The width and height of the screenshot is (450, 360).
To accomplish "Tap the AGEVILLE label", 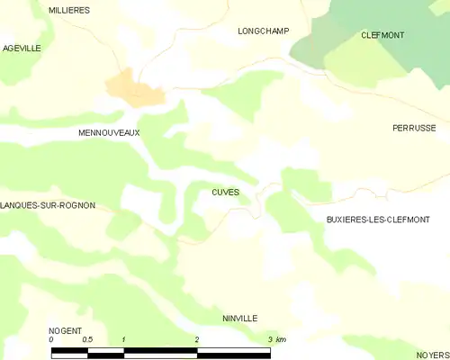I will [22, 48].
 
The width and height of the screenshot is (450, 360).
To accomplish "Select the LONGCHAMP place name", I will [263, 31].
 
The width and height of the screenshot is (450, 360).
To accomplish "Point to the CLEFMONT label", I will [382, 35].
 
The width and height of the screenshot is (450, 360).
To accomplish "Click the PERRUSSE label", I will [414, 128].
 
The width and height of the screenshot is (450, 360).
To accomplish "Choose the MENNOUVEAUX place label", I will [109, 132].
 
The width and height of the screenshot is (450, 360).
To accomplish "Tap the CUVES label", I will [225, 192].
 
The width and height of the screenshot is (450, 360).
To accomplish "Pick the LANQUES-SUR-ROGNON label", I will [48, 205].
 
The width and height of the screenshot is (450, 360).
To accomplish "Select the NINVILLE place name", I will [239, 319].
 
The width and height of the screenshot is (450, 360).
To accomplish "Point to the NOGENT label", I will [67, 330].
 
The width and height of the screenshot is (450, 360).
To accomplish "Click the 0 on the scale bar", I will [52, 340].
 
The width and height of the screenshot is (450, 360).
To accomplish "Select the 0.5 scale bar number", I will [87, 340].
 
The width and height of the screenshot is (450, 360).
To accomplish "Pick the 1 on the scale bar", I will [123, 340].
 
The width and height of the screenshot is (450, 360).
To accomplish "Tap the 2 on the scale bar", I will [196, 340].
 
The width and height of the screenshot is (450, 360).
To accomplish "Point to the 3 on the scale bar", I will [269, 340].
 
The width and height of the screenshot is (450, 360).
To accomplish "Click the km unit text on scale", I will [281, 340].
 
